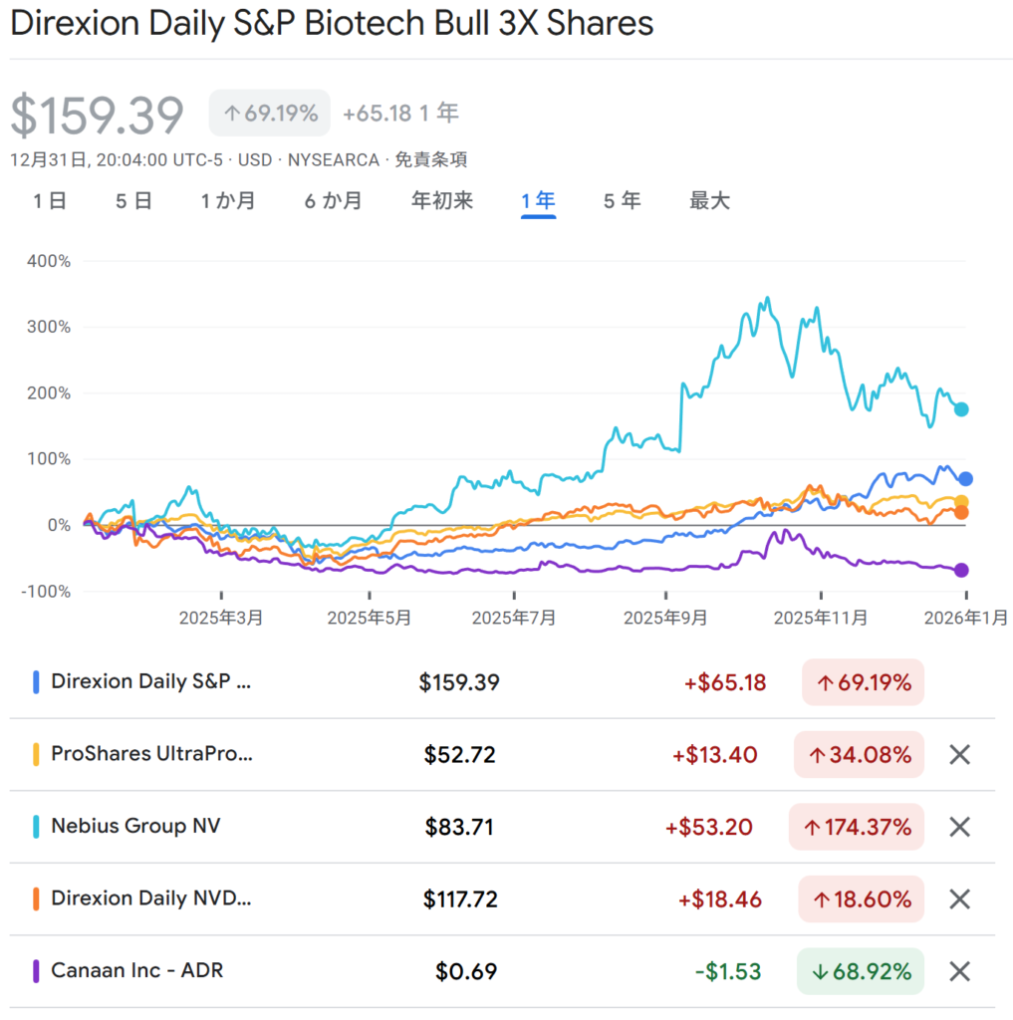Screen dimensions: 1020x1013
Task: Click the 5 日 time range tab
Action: [133, 201]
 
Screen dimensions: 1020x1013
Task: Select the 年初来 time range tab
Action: [441, 201]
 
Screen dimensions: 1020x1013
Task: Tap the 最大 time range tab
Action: [709, 201]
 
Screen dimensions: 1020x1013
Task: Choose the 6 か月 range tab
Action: [333, 201]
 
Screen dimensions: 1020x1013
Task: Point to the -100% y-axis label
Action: [46, 592]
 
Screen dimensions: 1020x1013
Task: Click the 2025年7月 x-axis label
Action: [513, 619]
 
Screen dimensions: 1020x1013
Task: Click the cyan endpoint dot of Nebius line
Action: [962, 409]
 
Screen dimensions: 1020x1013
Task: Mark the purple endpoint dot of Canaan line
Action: [962, 570]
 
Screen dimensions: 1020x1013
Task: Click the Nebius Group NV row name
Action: [135, 827]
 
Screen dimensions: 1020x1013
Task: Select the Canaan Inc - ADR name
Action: [136, 970]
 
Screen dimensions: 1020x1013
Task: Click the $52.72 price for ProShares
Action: [459, 755]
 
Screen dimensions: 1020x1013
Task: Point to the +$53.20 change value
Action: [708, 827]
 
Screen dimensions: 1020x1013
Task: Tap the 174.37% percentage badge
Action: [856, 827]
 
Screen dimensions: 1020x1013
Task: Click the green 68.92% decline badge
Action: [860, 971]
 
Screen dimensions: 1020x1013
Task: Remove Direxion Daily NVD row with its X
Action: [959, 899]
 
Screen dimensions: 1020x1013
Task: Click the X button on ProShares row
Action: [959, 755]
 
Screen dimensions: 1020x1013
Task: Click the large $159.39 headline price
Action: [98, 116]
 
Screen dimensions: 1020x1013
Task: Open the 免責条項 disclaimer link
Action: [431, 159]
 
